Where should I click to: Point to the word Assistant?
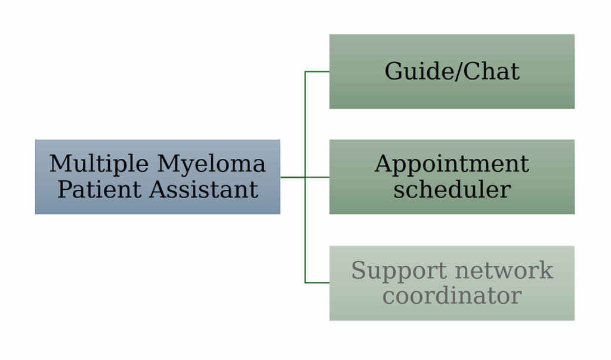(203, 190)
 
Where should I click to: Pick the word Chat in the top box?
(492, 72)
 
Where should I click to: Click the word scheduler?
(452, 190)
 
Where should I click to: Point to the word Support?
(399, 270)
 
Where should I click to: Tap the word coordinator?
(452, 296)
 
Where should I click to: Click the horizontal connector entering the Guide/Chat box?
(317, 72)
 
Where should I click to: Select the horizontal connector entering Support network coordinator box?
(317, 282)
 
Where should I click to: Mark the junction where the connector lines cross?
(305, 177)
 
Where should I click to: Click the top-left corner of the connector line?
(305, 72)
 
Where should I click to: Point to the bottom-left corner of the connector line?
(305, 282)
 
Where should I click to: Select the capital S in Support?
(358, 270)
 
